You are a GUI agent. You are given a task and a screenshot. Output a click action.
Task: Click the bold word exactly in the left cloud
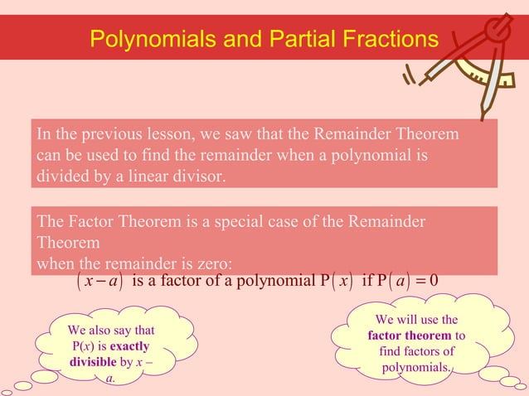coord(128,345)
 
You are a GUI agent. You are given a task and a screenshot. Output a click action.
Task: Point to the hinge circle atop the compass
coord(497,33)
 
